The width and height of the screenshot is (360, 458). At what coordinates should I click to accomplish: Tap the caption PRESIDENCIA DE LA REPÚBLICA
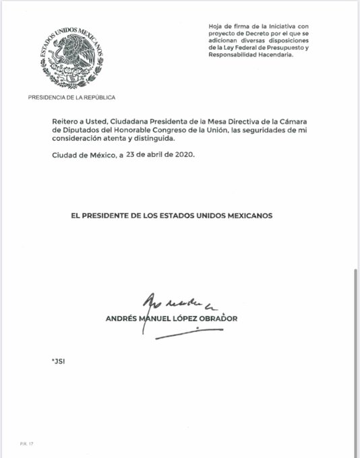[71, 97]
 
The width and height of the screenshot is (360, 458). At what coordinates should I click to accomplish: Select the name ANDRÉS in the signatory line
[121, 319]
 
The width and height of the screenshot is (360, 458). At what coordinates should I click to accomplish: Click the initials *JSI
[58, 361]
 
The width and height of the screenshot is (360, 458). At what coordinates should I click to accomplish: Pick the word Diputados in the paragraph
[80, 130]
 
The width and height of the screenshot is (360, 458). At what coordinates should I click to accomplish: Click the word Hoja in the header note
[217, 26]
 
